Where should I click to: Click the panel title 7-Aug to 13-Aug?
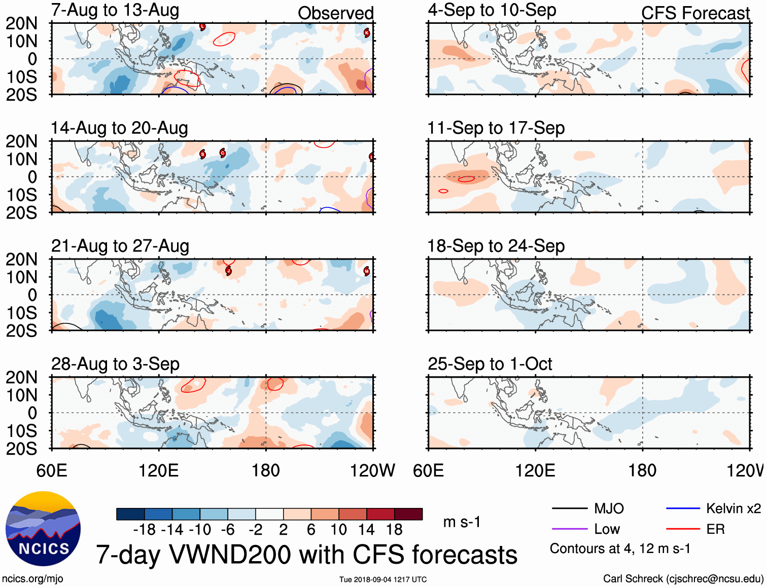click(115, 10)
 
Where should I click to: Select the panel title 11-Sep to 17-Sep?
click(496, 128)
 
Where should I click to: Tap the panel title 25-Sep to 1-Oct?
click(490, 364)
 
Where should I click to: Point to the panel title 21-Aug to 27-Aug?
click(120, 246)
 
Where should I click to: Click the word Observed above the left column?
click(335, 13)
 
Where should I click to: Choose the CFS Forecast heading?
click(695, 13)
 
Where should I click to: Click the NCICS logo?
click(43, 529)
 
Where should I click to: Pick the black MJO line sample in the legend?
click(569, 508)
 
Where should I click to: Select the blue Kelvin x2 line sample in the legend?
click(683, 508)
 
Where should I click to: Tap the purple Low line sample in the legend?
click(569, 529)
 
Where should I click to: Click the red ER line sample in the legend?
click(683, 529)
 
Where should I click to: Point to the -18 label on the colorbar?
click(145, 530)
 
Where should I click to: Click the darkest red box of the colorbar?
click(408, 514)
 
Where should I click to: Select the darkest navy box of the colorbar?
click(130, 514)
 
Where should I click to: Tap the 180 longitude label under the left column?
click(266, 470)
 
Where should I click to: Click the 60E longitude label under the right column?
click(429, 470)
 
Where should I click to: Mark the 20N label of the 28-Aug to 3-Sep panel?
click(21, 378)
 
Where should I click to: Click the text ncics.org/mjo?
click(32, 579)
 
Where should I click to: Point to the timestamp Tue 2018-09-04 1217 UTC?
click(383, 579)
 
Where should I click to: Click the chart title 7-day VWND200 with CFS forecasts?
click(306, 555)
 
